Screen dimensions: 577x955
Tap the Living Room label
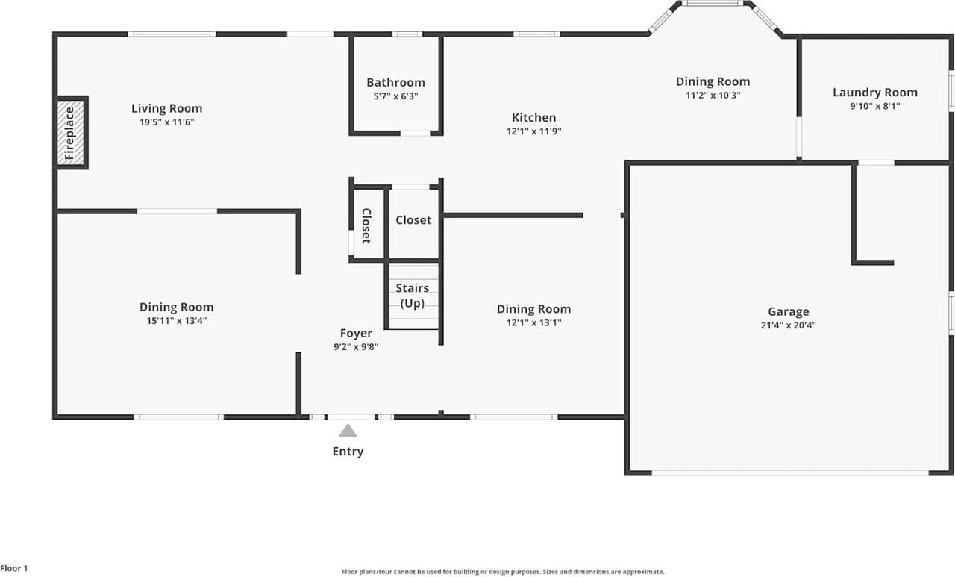pyautogui.click(x=166, y=108)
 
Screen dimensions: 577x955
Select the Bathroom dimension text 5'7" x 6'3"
pyautogui.click(x=395, y=96)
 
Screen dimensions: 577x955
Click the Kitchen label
pyautogui.click(x=533, y=117)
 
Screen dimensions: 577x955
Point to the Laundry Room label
pyautogui.click(x=874, y=93)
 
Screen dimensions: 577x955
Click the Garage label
pyautogui.click(x=788, y=311)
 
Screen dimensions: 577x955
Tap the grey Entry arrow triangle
pyautogui.click(x=348, y=431)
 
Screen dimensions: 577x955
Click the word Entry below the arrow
pyautogui.click(x=348, y=451)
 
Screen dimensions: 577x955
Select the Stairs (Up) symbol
pyautogui.click(x=413, y=296)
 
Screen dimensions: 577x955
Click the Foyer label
pyautogui.click(x=356, y=333)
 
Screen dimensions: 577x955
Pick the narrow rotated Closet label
pyautogui.click(x=366, y=225)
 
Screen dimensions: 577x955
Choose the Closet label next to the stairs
pyautogui.click(x=413, y=220)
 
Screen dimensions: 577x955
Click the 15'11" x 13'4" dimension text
pyautogui.click(x=176, y=321)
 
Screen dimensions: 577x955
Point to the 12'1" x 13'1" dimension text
pyautogui.click(x=533, y=323)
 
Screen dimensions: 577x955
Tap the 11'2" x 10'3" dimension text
pyautogui.click(x=713, y=96)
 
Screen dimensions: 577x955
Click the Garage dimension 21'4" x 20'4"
pyautogui.click(x=788, y=325)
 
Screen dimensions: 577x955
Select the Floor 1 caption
pyautogui.click(x=14, y=568)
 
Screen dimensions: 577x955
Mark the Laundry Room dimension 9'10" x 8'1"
pyautogui.click(x=874, y=107)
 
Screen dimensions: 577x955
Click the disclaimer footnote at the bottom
pyautogui.click(x=502, y=572)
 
